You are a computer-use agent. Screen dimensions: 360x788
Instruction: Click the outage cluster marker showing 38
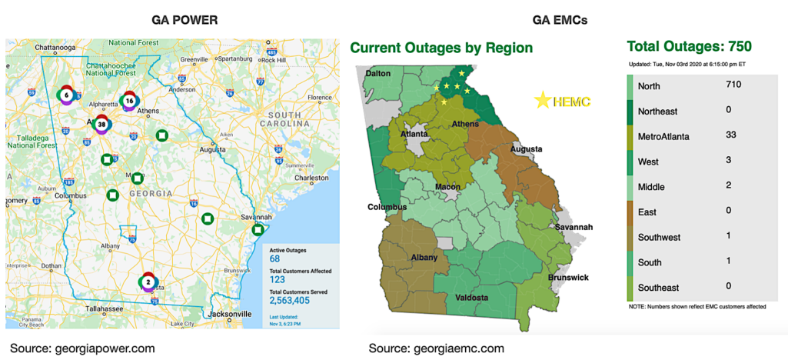[x=101, y=123]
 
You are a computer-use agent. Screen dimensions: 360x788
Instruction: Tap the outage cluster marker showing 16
[x=129, y=101]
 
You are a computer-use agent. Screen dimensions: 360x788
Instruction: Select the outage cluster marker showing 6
[x=66, y=95]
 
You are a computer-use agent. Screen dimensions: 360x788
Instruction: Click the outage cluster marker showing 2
[x=148, y=282]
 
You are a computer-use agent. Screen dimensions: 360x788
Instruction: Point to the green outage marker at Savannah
[x=259, y=230]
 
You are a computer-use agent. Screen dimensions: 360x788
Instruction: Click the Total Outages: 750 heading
[x=689, y=47]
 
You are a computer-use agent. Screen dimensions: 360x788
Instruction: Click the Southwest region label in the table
[x=659, y=237]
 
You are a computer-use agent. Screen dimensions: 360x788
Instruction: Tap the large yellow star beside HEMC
[x=543, y=99]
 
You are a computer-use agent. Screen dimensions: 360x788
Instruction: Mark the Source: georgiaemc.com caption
[x=436, y=348]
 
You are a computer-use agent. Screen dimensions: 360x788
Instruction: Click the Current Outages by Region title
[x=441, y=48]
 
